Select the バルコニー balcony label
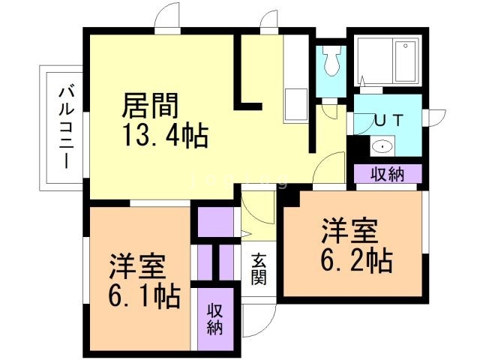[x=65, y=127]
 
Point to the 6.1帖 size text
[x=145, y=295]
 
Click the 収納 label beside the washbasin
[x=388, y=174]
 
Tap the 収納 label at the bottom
[x=214, y=319]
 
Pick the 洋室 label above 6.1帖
[x=137, y=266]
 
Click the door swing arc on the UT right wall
[x=434, y=118]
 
